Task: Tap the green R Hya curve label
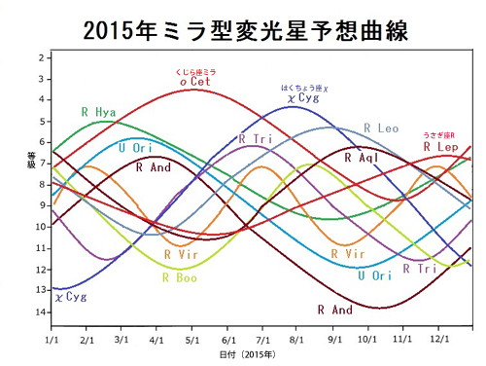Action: tap(99, 113)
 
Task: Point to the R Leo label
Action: tap(381, 128)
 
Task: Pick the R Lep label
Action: tap(440, 146)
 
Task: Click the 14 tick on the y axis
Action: tap(40, 311)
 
